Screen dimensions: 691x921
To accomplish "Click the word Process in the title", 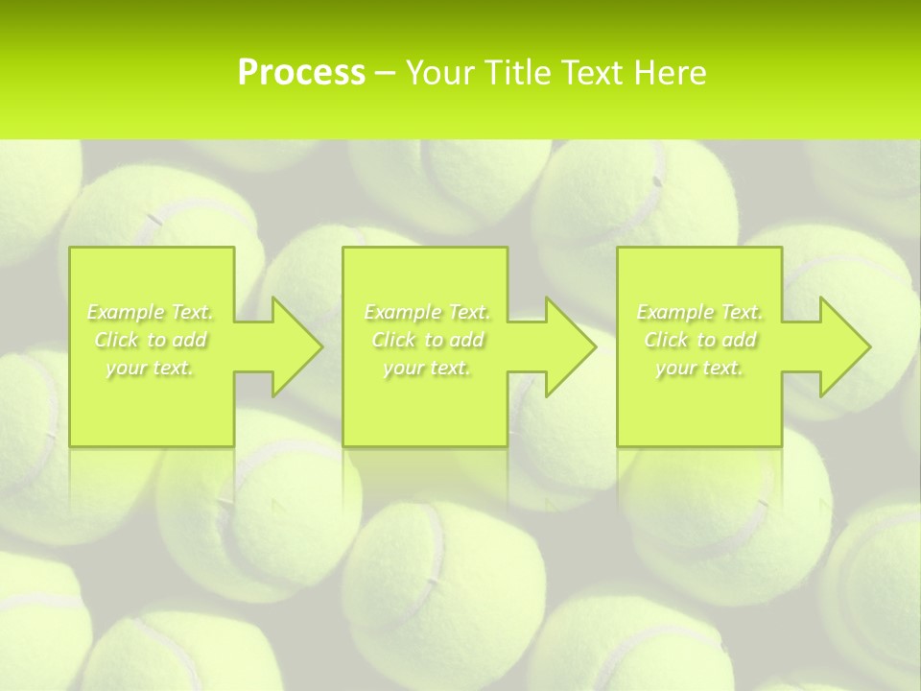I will (301, 73).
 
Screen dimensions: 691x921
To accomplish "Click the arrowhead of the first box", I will (294, 346).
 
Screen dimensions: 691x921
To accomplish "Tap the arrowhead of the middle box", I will (567, 346).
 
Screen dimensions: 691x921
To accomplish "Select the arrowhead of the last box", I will (841, 346).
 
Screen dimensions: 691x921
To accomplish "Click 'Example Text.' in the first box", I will (151, 312).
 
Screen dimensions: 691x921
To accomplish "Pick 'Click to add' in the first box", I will (151, 340).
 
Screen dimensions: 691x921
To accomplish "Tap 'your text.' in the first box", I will (151, 368).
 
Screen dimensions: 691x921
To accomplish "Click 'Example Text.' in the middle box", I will (427, 312).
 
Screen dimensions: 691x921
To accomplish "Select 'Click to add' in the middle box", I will (427, 340).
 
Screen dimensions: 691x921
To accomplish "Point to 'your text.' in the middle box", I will (427, 368).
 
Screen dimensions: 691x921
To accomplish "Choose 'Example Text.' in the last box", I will (699, 312).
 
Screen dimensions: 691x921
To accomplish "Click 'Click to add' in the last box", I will (699, 340).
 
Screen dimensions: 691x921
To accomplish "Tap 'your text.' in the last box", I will (699, 368).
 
